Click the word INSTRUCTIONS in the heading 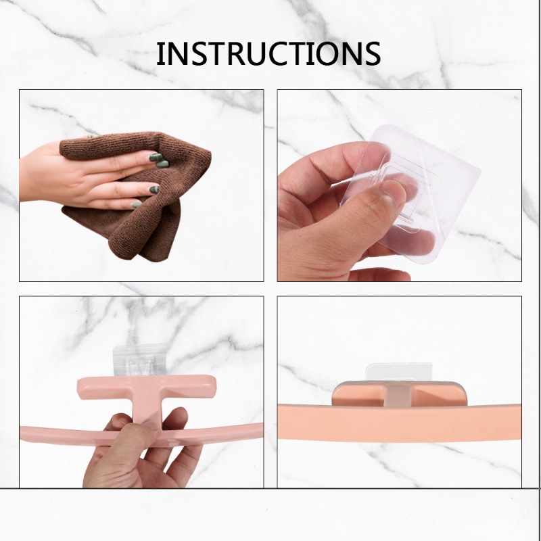(x=268, y=53)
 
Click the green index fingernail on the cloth (x=156, y=158)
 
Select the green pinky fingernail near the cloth (x=137, y=205)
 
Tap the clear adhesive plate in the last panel (x=399, y=372)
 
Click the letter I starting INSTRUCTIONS (x=160, y=53)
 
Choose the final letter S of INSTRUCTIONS (x=372, y=53)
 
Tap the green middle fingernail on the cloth (x=162, y=164)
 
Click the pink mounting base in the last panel (x=399, y=394)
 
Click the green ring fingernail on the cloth (x=155, y=189)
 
